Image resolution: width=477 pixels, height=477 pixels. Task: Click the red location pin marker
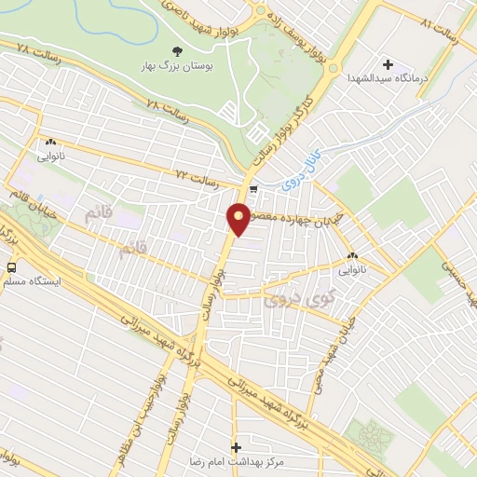coord(238,220)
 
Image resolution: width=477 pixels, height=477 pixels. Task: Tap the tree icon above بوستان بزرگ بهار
coord(178,50)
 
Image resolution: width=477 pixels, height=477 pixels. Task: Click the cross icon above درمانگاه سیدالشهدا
coord(388,64)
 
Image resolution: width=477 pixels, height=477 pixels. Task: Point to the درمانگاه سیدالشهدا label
coord(388,79)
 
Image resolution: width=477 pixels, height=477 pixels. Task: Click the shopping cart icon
coord(254,190)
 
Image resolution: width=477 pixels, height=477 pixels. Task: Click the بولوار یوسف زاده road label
coord(308,43)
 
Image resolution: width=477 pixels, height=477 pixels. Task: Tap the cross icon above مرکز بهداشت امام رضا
coord(236,447)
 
